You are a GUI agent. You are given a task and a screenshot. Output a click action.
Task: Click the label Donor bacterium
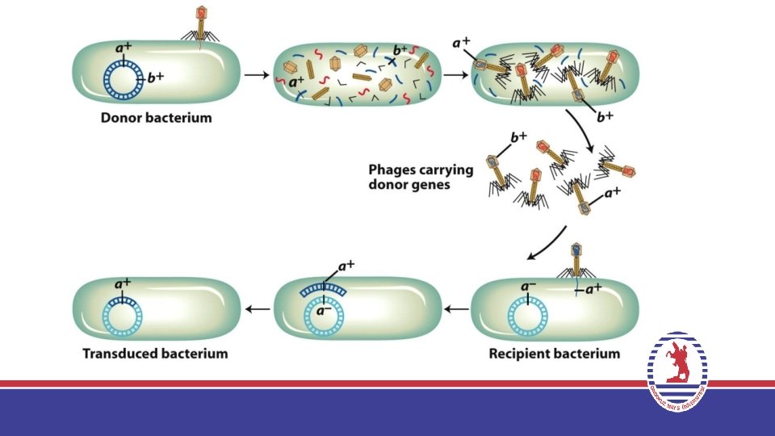[x=156, y=118]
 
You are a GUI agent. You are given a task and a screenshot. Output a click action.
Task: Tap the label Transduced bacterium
[x=155, y=354]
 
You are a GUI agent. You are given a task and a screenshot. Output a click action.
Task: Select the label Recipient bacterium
[x=554, y=354]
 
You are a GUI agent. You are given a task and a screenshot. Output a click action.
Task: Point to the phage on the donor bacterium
[x=201, y=23]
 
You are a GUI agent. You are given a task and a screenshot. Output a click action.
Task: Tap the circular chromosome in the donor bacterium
[x=124, y=81]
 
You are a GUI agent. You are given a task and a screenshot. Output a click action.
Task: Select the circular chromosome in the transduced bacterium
[x=124, y=315]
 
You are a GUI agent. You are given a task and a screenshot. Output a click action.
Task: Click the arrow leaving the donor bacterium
[x=256, y=75]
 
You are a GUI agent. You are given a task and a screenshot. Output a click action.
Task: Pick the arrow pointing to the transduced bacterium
[x=258, y=309]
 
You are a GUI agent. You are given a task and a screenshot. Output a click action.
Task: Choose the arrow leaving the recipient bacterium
[x=457, y=309]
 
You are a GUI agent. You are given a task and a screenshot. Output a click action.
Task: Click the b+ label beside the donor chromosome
[x=157, y=79]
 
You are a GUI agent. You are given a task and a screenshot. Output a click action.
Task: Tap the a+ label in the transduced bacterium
[x=123, y=283]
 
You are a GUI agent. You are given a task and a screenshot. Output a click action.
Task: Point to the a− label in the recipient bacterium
[x=528, y=286]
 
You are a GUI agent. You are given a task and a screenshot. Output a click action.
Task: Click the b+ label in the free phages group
[x=517, y=138]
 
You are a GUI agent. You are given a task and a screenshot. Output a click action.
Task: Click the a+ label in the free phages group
[x=612, y=193]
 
